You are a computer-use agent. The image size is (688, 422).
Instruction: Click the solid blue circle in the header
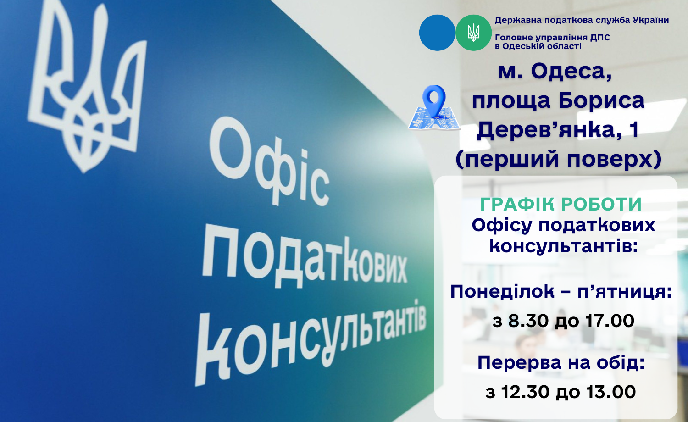pyautogui.click(x=437, y=33)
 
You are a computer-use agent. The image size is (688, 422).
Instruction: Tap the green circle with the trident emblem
pyautogui.click(x=473, y=33)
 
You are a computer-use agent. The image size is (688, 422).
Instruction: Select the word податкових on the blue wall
pyautogui.click(x=304, y=258)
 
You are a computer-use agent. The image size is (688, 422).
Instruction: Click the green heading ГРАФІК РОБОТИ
pyautogui.click(x=561, y=204)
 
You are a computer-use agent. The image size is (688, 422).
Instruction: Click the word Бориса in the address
pyautogui.click(x=601, y=101)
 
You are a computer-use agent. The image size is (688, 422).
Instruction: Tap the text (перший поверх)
pyautogui.click(x=558, y=159)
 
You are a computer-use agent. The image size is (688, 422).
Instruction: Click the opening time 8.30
pyautogui.click(x=528, y=321)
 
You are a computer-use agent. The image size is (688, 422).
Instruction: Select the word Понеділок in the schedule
pyautogui.click(x=502, y=292)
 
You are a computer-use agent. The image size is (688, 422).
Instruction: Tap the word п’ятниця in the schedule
pyautogui.click(x=625, y=292)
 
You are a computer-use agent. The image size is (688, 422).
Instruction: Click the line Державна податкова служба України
pyautogui.click(x=582, y=21)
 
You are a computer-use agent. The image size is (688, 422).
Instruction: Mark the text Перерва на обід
pyautogui.click(x=561, y=363)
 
